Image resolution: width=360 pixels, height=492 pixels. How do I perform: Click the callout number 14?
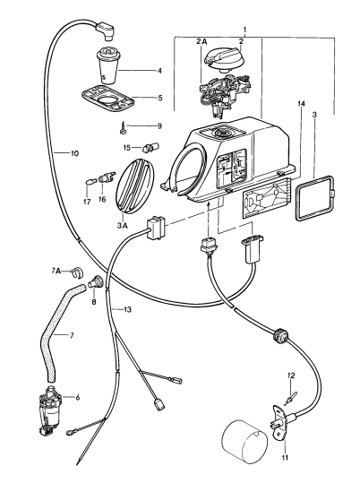point(301,104)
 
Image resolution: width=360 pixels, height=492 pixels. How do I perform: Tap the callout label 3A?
point(122,226)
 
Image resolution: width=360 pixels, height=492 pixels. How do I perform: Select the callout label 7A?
point(56,271)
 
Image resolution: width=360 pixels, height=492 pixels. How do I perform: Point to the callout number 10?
point(74,154)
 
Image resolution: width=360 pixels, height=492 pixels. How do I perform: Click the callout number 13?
point(127,310)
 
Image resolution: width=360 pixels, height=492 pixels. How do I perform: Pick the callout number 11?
point(285,457)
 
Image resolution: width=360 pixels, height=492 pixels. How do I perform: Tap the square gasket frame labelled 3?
point(315,199)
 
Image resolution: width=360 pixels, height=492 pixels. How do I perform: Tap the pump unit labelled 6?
point(49,410)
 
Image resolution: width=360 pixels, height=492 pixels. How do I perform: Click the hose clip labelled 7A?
point(76,272)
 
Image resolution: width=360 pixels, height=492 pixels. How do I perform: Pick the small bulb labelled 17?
point(90,182)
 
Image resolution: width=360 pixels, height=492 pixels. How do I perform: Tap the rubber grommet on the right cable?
point(280,336)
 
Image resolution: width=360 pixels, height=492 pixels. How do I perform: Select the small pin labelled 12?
point(291,398)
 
